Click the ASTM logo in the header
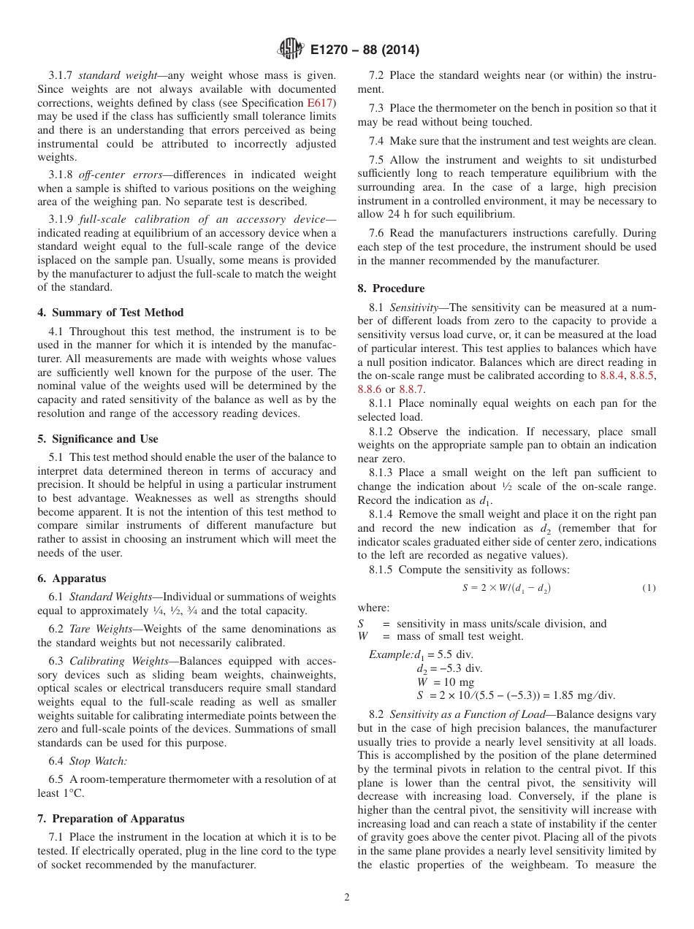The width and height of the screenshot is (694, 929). pos(290,50)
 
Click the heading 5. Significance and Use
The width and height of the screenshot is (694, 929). pos(98,439)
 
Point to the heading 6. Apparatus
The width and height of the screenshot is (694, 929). pos(72,578)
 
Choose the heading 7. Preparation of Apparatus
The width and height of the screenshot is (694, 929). pos(111,818)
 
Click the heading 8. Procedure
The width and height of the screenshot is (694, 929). pos(391,288)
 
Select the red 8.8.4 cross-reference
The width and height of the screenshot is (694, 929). pos(613,375)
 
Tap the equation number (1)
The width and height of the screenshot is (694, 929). pos(648,588)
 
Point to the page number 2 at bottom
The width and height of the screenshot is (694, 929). pos(347,898)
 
